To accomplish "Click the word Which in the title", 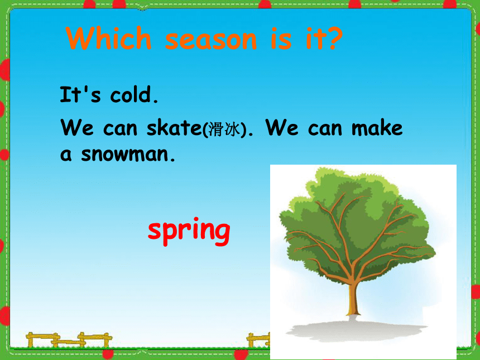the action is click(x=109, y=38).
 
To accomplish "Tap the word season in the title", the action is click(x=211, y=40).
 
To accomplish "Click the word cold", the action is click(x=134, y=94).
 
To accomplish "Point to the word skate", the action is click(x=174, y=127).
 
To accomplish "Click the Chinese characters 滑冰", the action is click(x=223, y=129).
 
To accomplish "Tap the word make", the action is click(x=377, y=127).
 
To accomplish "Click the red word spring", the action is click(x=189, y=232).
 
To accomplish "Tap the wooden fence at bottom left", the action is click(x=69, y=340).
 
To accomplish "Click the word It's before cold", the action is click(x=80, y=94).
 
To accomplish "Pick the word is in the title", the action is click(x=281, y=39).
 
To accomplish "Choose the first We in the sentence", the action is click(x=77, y=127).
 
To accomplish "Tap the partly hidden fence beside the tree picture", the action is click(x=258, y=340).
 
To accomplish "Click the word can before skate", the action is click(x=120, y=129).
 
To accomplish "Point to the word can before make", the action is click(x=325, y=129).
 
